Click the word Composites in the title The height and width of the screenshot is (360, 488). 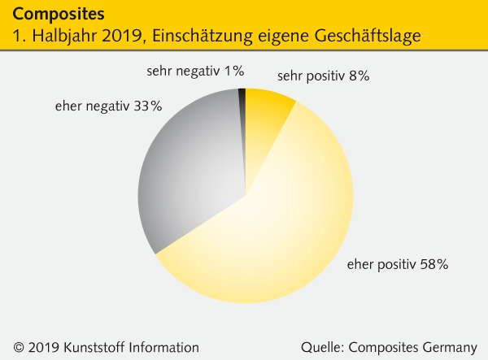coord(59,15)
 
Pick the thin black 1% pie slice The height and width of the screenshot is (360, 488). coord(242,102)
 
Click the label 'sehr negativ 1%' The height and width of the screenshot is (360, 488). coord(195,72)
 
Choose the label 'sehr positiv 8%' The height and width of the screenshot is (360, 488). coord(323,76)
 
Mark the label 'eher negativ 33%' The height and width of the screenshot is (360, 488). coord(108,106)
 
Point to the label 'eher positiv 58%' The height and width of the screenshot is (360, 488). coord(398,264)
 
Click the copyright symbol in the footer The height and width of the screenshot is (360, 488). coord(19,347)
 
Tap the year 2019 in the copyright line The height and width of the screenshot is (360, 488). coord(44,347)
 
